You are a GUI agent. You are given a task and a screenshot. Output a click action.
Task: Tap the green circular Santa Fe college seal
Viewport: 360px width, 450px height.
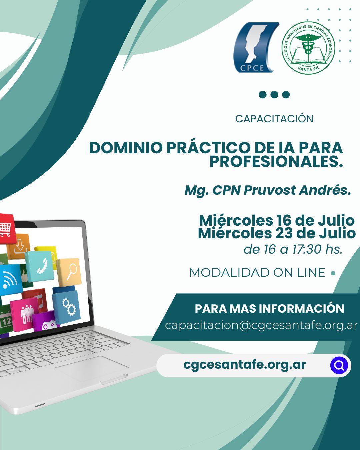308,48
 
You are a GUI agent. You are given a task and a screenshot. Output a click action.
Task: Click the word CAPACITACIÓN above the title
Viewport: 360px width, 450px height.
274,119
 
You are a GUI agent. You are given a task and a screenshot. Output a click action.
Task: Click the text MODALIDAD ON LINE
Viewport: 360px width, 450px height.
257,273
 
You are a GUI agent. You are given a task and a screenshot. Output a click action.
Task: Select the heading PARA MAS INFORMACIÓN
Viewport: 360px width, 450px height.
269,309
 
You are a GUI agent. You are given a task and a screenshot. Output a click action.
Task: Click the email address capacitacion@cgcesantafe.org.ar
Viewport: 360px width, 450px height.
261,325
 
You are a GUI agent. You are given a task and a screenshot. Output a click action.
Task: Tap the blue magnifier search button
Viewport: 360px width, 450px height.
339,365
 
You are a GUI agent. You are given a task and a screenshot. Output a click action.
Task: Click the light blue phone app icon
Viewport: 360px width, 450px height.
40,266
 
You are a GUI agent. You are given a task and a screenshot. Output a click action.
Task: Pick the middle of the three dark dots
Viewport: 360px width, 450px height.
274,95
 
